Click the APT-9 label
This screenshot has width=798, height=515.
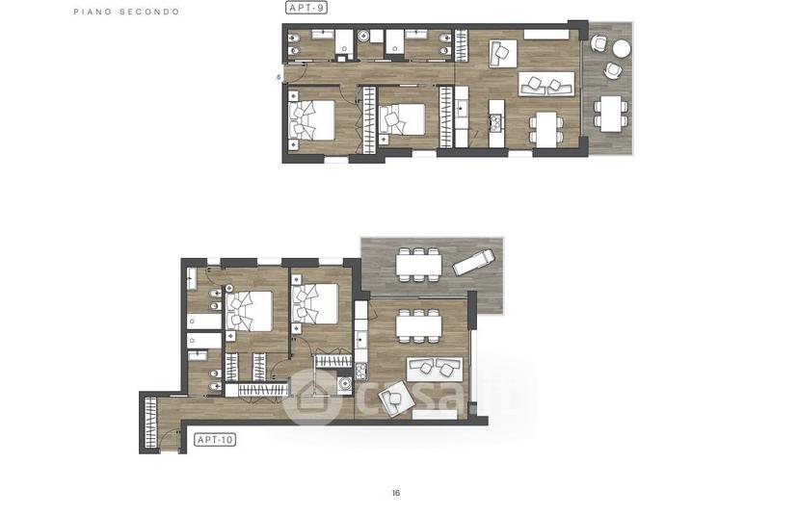[306, 8]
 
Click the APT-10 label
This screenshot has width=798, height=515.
[215, 440]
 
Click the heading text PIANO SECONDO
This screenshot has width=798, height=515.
[126, 12]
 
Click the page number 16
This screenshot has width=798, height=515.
[396, 493]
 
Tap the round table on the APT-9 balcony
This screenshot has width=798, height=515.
[622, 48]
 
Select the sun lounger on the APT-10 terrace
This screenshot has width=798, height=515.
[474, 261]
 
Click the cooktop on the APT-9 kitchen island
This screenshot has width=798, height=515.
[495, 121]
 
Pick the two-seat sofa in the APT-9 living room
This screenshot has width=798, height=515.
[546, 85]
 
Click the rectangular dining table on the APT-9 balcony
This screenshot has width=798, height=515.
[611, 114]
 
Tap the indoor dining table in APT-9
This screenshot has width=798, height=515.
[546, 129]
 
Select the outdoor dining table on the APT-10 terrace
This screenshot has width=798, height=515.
[418, 265]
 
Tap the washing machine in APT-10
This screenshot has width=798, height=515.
[344, 385]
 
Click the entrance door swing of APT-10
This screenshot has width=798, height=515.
[171, 441]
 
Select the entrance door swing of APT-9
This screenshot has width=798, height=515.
[296, 71]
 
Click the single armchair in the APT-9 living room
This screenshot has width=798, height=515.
[503, 53]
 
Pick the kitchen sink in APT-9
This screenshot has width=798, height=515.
[462, 109]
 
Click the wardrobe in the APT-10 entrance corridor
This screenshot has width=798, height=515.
[150, 422]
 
